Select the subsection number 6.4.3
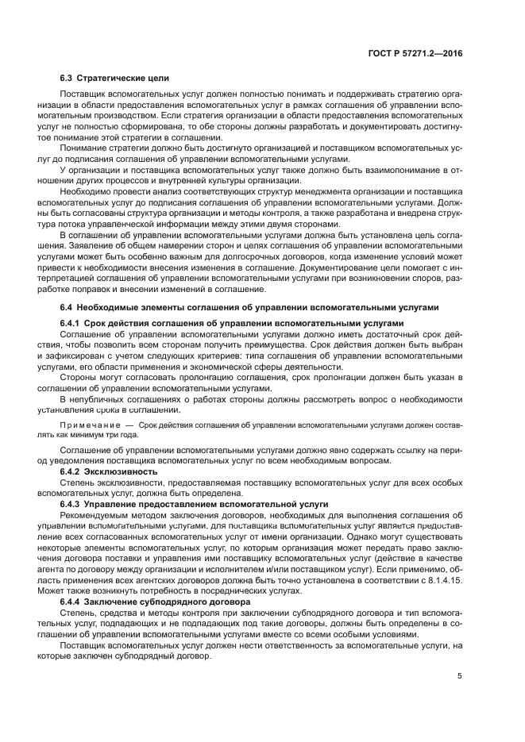pyautogui.click(x=72, y=505)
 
